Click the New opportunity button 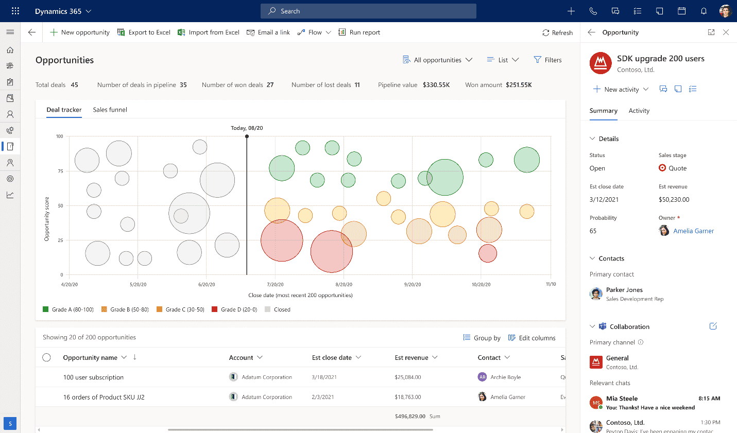80,32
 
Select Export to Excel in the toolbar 144,32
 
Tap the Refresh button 557,32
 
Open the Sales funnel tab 110,110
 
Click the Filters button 547,60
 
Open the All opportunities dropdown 437,60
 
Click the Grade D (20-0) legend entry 234,309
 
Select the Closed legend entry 278,309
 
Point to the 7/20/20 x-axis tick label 275,284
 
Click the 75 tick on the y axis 60,171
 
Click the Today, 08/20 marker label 247,128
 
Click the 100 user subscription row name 93,377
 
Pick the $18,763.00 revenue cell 407,397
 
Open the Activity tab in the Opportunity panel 639,111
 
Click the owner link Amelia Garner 693,231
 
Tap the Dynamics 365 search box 368,11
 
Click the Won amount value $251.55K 519,85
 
